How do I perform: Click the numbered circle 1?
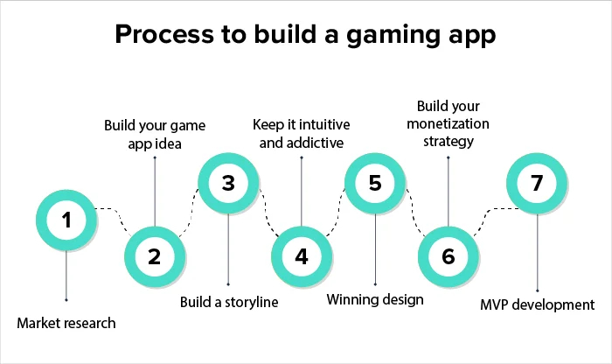66,220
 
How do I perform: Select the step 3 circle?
228,184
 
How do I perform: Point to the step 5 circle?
375,184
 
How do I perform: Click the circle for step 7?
538,184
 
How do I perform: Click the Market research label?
66,323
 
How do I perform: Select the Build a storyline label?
228,302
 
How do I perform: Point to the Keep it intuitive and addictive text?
301,132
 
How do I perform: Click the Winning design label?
375,300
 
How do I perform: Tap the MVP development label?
538,305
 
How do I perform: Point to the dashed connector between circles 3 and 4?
265,219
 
